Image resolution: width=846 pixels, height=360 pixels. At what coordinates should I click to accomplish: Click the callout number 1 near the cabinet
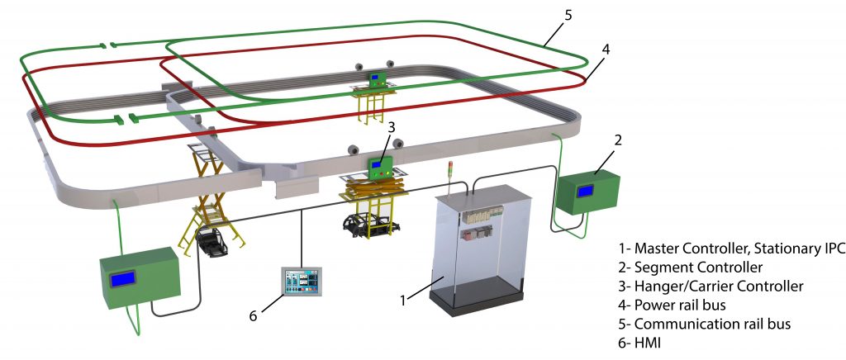click(403, 300)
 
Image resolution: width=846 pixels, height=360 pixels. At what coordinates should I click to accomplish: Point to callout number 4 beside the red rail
click(606, 50)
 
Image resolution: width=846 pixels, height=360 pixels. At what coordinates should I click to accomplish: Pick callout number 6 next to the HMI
click(254, 316)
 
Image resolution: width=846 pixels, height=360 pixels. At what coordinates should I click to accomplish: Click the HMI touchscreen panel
click(300, 286)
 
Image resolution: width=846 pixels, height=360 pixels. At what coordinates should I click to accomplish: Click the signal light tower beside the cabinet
click(449, 177)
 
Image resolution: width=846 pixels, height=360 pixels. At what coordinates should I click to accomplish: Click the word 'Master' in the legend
click(658, 248)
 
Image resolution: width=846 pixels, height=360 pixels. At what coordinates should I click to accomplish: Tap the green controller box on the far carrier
click(378, 79)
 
